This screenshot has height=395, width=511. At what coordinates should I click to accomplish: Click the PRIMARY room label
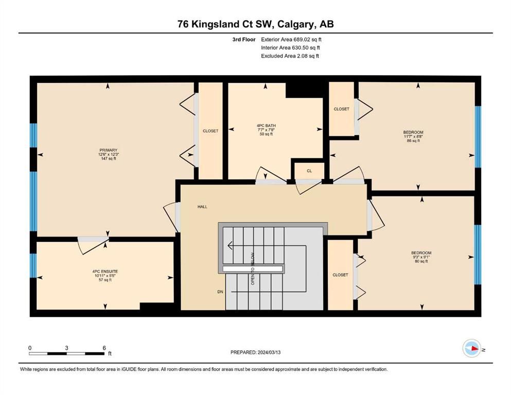click(x=108, y=150)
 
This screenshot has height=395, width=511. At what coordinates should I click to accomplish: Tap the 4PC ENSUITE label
click(x=105, y=271)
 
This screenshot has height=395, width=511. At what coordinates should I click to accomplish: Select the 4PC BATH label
click(x=266, y=125)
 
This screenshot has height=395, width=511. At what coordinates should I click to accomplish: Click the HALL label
click(x=202, y=207)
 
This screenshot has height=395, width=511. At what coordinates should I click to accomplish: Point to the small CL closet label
click(x=309, y=171)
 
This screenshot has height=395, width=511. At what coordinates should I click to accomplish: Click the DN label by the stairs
click(x=220, y=292)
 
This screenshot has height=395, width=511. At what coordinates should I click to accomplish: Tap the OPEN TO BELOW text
click(x=253, y=269)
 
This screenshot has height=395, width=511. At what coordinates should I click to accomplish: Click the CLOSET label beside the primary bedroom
click(x=210, y=131)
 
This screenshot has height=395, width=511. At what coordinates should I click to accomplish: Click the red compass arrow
click(x=474, y=348)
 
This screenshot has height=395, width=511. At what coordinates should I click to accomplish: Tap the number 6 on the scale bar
click(x=104, y=348)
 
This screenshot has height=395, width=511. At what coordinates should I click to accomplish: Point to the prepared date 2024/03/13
click(x=269, y=352)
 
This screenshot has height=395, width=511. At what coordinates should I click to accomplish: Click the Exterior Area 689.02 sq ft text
click(x=291, y=40)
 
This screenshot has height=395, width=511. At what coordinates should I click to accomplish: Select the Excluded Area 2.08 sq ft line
click(x=290, y=56)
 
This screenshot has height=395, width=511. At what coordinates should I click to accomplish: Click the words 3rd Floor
click(x=244, y=40)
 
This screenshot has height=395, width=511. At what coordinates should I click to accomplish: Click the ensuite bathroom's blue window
click(x=33, y=265)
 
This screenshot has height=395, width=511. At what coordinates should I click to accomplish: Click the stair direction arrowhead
click(x=230, y=245)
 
